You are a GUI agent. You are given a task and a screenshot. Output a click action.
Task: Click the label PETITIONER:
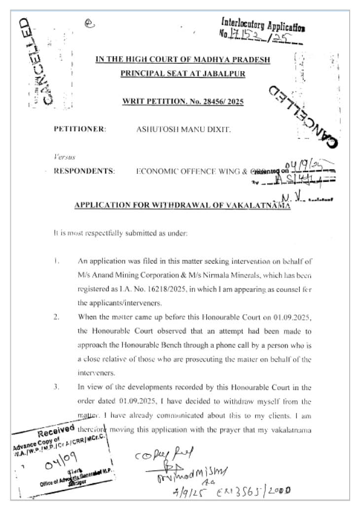[x=80, y=129]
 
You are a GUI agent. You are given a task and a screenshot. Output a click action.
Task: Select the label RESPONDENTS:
[x=84, y=172]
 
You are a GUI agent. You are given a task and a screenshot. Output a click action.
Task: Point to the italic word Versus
[x=64, y=157]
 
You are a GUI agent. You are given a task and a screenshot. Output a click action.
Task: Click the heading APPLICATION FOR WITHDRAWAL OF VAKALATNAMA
[x=182, y=205]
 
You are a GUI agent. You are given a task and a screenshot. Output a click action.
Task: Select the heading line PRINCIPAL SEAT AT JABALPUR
[x=182, y=73]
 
